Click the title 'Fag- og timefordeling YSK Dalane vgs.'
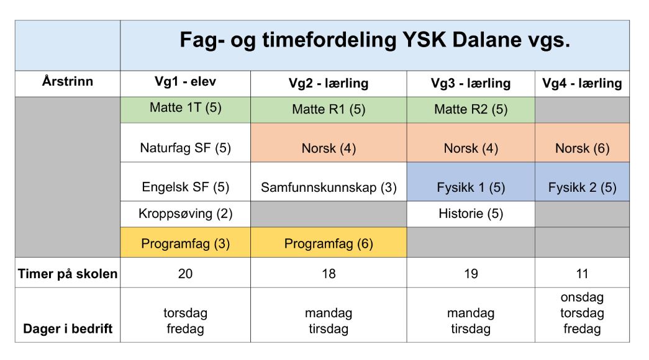click(374, 40)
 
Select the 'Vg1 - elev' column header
click(186, 81)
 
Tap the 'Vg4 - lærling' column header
click(582, 83)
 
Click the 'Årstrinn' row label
click(68, 81)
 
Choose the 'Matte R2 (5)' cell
click(471, 109)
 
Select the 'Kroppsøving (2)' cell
click(186, 214)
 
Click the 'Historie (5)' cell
click(471, 214)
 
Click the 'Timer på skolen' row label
click(68, 274)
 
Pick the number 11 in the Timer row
click(582, 274)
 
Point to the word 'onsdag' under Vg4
click(582, 297)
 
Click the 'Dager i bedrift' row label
click(68, 328)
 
